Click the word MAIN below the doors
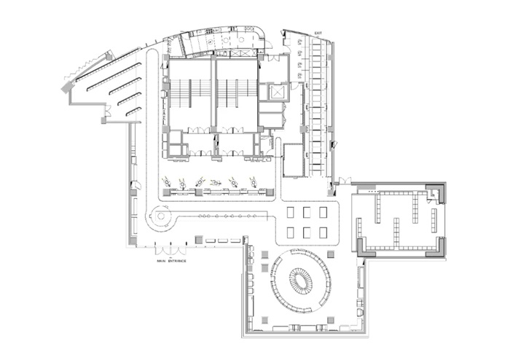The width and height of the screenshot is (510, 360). click(x=161, y=261)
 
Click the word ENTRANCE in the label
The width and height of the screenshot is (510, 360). click(x=177, y=261)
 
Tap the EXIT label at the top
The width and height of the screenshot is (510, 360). click(x=318, y=34)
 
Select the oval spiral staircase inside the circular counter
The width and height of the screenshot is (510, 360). click(x=300, y=280)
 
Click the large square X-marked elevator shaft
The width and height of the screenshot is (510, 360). click(x=277, y=92)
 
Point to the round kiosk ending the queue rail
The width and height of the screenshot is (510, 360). click(x=160, y=216)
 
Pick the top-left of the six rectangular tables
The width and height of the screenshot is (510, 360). click(x=291, y=212)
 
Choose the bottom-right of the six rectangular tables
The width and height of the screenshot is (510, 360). click(x=323, y=232)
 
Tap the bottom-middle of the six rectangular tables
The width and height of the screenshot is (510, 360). click(x=307, y=232)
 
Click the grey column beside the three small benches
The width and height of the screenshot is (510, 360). click(x=198, y=240)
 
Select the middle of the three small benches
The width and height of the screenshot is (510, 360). click(x=223, y=240)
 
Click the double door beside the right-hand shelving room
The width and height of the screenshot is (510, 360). click(x=345, y=181)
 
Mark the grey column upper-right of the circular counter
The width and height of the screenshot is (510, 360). click(x=331, y=254)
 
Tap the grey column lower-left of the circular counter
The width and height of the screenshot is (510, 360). click(x=265, y=320)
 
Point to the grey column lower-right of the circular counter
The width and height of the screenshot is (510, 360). click(x=331, y=320)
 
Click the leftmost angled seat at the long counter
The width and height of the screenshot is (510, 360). click(x=167, y=181)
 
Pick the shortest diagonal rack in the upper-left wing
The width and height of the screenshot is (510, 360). click(x=133, y=111)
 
